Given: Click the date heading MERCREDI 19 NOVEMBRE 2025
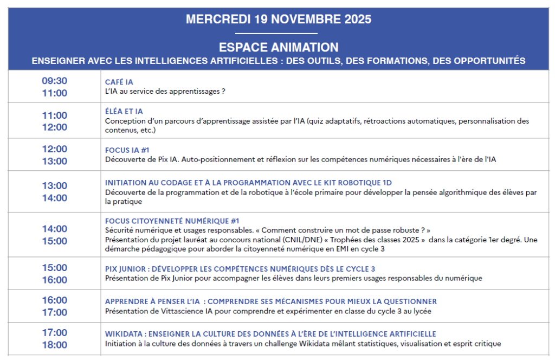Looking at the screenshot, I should (278, 20).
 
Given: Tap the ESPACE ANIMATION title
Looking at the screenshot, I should (278, 47).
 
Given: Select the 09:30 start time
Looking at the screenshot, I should (55, 81).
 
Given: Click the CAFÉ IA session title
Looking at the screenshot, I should (119, 82).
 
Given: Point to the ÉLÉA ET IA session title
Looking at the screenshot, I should (124, 111).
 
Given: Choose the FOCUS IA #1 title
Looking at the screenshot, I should (127, 150).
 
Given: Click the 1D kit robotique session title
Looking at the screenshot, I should (248, 183).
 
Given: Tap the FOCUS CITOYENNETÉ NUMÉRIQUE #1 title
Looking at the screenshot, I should (172, 221).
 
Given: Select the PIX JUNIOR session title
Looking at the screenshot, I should (240, 269).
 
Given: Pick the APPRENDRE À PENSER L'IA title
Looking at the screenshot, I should (271, 301).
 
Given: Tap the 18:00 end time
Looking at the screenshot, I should (55, 345).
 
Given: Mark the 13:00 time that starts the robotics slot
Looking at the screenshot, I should (55, 185).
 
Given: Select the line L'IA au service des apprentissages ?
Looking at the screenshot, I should (165, 92).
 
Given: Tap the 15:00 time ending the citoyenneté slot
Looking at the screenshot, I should (55, 241).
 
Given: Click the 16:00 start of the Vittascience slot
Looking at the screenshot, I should (55, 300).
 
